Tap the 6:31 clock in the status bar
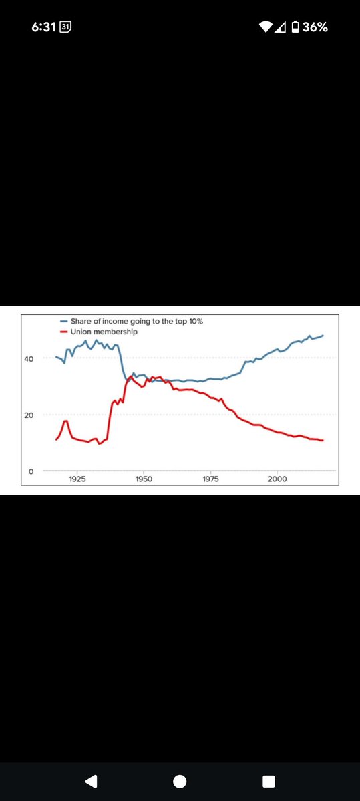click(x=44, y=27)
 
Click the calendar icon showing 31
click(x=65, y=27)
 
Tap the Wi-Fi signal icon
click(x=266, y=27)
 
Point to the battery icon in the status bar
click(x=295, y=27)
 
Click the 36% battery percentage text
click(x=315, y=27)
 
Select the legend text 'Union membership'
click(x=104, y=332)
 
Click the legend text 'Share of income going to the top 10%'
click(x=136, y=322)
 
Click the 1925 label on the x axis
click(x=77, y=480)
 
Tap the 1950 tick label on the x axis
click(x=143, y=480)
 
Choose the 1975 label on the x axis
click(x=210, y=480)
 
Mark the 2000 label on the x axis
click(x=277, y=480)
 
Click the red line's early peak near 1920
click(x=65, y=421)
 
